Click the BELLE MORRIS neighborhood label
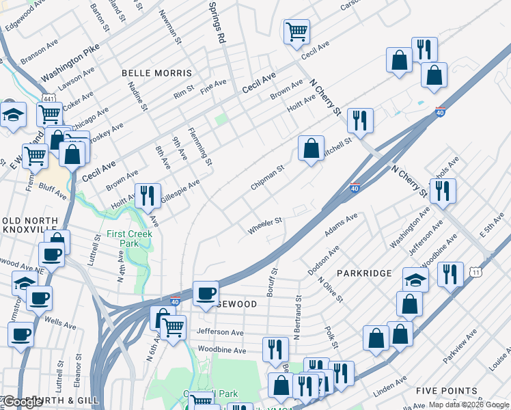pyautogui.click(x=156, y=72)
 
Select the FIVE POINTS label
pyautogui.click(x=447, y=390)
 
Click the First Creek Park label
pyautogui.click(x=129, y=239)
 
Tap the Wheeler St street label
pyautogui.click(x=264, y=226)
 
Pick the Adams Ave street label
pyautogui.click(x=341, y=225)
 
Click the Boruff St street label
pyautogui.click(x=273, y=280)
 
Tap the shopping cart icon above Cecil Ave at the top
pyautogui.click(x=296, y=31)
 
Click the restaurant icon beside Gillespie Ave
pyautogui.click(x=148, y=196)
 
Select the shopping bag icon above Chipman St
pyautogui.click(x=311, y=148)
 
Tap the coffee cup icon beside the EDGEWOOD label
pyautogui.click(x=206, y=294)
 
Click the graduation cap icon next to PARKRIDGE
pyautogui.click(x=415, y=279)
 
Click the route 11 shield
pyautogui.click(x=476, y=272)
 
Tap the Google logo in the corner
pyautogui.click(x=22, y=402)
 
